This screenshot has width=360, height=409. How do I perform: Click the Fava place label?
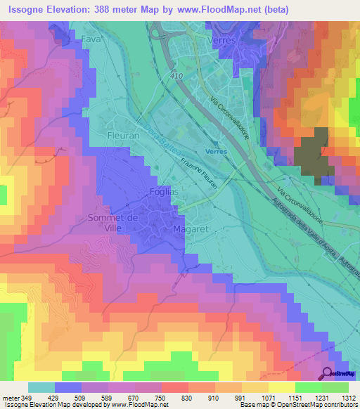[91, 40]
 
